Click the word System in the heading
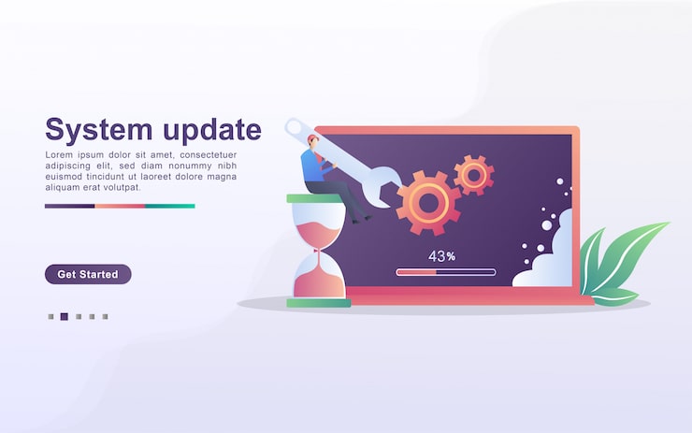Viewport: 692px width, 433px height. tap(97, 129)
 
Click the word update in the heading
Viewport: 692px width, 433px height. tap(207, 131)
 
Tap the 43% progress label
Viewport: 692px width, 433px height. tap(441, 255)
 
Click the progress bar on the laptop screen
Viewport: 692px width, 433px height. tap(445, 272)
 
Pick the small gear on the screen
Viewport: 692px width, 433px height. tap(474, 175)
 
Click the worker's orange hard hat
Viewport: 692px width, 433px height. tap(311, 139)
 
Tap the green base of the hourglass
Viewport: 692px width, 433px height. tap(318, 302)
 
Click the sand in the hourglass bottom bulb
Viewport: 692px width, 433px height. tap(318, 281)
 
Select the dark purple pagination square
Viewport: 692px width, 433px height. tap(64, 317)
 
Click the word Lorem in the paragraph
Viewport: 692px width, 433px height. tap(60, 154)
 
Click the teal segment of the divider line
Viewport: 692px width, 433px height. tap(170, 206)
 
